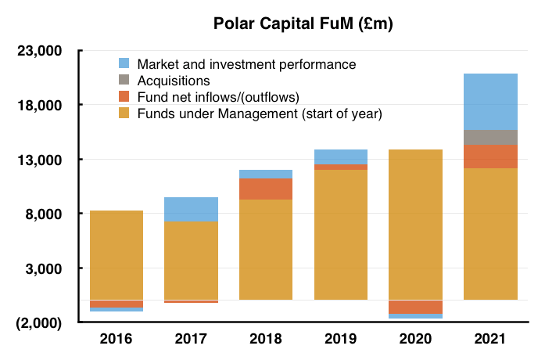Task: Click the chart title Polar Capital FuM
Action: pyautogui.click(x=303, y=24)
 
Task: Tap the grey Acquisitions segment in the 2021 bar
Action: pyautogui.click(x=490, y=138)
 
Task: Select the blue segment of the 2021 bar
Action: pyautogui.click(x=490, y=102)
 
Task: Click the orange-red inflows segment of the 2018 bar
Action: pyautogui.click(x=266, y=189)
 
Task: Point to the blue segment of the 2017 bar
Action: pyautogui.click(x=191, y=210)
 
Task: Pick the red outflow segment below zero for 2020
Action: pyautogui.click(x=415, y=307)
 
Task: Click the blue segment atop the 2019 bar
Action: pyautogui.click(x=341, y=157)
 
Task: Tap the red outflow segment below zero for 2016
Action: pyautogui.click(x=117, y=304)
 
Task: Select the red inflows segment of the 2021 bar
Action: pyautogui.click(x=490, y=157)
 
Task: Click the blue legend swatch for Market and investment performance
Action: pyautogui.click(x=124, y=63)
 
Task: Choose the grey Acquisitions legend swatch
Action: pyautogui.click(x=124, y=80)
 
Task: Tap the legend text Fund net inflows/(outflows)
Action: pyautogui.click(x=218, y=97)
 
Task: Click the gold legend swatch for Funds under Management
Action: pyautogui.click(x=124, y=113)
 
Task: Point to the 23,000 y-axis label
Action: pyautogui.click(x=40, y=51)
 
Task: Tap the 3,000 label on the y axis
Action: pyautogui.click(x=44, y=269)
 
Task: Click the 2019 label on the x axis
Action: pyautogui.click(x=341, y=338)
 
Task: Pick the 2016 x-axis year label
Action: pyautogui.click(x=116, y=338)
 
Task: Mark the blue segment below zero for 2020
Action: pyautogui.click(x=415, y=316)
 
